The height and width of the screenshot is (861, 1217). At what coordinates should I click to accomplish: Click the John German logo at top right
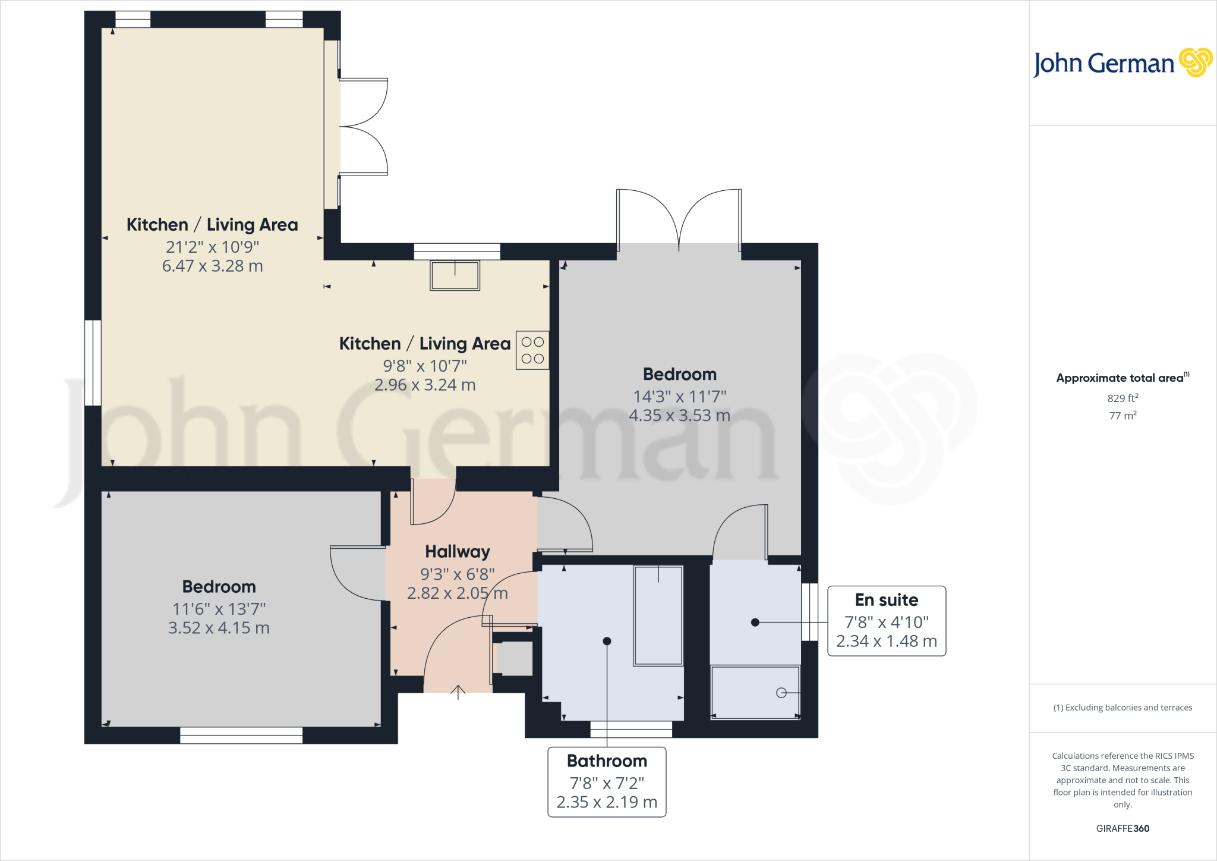pos(1122,63)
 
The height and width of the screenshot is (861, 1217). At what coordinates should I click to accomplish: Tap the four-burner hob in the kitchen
pos(532,350)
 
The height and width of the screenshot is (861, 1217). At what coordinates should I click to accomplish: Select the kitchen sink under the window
pos(455,276)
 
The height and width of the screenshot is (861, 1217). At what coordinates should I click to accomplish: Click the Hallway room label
pos(457,552)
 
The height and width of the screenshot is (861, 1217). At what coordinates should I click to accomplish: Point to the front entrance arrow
pos(458,692)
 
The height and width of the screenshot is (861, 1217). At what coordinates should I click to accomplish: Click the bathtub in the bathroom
pos(658,615)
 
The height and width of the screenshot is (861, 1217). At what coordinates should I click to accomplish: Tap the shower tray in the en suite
pos(755,692)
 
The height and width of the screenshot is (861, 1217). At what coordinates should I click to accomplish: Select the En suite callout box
pos(886,621)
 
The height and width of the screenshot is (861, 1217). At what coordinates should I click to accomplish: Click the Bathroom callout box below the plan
pos(606,781)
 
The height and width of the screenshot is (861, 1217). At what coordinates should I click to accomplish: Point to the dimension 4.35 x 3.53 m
pos(679,415)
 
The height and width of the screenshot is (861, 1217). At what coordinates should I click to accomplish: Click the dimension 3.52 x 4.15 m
pos(219,628)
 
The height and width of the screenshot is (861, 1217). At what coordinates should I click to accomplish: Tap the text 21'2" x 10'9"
pos(212,247)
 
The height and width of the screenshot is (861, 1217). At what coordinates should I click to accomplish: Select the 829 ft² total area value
pos(1122,398)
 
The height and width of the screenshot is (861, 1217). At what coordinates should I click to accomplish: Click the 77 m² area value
pos(1122,416)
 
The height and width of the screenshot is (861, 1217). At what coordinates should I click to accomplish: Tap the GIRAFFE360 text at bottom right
pos(1122,828)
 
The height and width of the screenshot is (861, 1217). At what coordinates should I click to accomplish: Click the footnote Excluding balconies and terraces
pos(1122,708)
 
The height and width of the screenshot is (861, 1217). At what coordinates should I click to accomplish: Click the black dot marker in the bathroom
pos(607,641)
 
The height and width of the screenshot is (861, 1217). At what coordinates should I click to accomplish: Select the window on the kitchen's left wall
pos(93,363)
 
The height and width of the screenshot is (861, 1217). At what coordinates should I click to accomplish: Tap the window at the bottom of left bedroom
pos(241,736)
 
